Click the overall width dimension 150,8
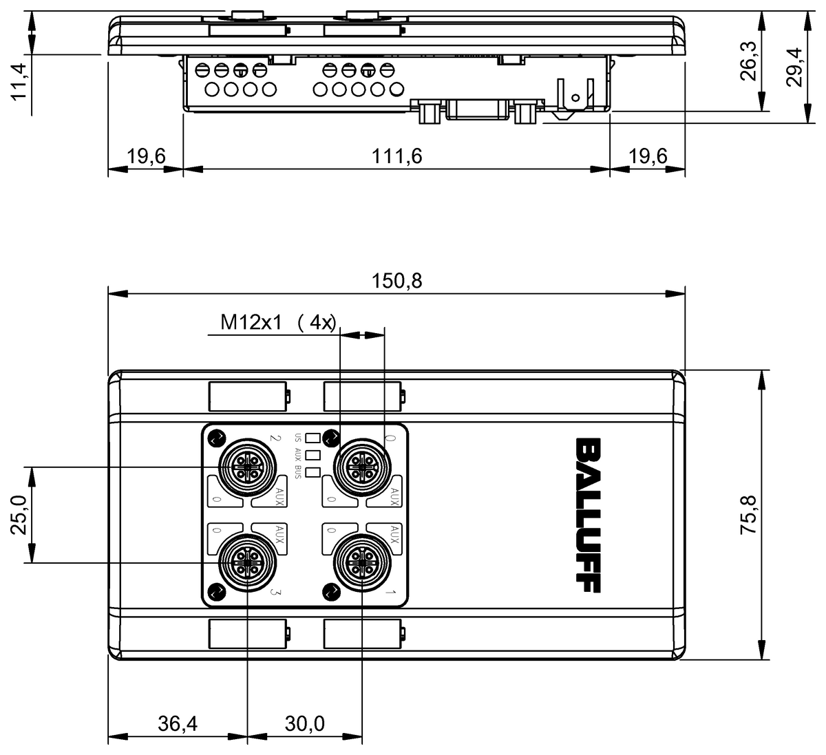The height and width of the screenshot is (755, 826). (396, 281)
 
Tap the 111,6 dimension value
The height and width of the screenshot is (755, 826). (396, 156)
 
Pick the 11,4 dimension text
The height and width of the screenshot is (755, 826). (19, 81)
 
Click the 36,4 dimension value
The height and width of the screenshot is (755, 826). (177, 723)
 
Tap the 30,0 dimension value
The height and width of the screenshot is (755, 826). (304, 723)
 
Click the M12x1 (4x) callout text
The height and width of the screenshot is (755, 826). (277, 322)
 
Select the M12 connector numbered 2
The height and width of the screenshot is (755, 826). (246, 468)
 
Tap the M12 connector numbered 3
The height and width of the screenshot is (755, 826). (246, 563)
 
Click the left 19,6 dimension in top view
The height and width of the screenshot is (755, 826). (146, 156)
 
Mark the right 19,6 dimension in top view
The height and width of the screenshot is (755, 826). (648, 156)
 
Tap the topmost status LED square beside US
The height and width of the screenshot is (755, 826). (313, 437)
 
